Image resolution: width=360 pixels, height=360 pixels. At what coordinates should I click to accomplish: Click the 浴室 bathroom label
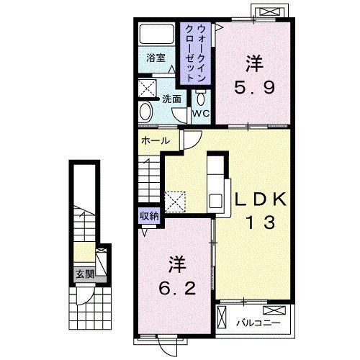coord(156,58)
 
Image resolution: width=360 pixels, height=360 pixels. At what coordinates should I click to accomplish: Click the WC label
coord(202,113)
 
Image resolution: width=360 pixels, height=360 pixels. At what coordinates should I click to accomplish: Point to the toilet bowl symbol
coord(201,97)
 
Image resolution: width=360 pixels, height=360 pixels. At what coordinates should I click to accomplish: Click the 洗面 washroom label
coord(171,99)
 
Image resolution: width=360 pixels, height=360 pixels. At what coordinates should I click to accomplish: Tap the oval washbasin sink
coord(146,112)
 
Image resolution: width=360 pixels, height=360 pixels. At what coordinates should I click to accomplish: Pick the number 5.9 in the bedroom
coord(254,88)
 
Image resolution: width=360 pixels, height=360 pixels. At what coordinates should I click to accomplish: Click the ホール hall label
coord(156,141)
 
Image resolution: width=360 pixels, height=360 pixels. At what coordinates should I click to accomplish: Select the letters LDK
coord(261,199)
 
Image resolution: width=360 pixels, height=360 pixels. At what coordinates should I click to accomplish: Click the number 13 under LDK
coord(261,222)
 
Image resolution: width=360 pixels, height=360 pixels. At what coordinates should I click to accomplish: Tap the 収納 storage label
coord(150,216)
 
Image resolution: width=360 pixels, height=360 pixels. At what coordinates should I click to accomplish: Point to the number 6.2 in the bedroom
coord(178,289)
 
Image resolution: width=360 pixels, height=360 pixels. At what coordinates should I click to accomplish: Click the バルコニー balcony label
coord(258,323)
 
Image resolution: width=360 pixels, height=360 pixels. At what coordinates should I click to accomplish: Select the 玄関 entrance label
coord(85,274)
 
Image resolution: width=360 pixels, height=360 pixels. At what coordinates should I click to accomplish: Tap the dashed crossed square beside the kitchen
coord(175,202)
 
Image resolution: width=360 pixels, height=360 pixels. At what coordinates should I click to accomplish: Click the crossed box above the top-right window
coord(269,12)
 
